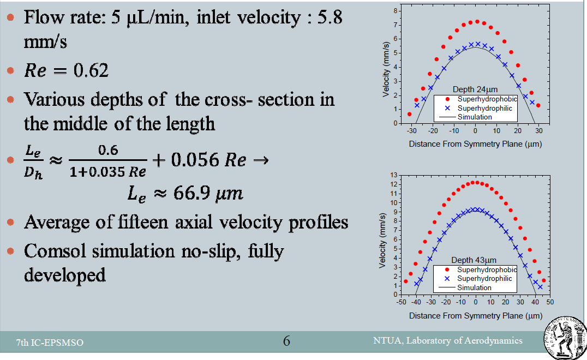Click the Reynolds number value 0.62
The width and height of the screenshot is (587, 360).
click(91, 70)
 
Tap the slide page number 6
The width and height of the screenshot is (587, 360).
click(286, 341)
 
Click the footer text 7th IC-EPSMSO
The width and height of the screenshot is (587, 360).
click(50, 343)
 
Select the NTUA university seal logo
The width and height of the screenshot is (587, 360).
click(565, 338)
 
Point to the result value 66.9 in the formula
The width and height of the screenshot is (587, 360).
click(191, 193)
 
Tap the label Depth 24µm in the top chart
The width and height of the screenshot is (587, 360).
click(475, 89)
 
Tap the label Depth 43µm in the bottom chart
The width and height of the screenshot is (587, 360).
click(474, 260)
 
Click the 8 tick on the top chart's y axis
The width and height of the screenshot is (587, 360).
click(396, 11)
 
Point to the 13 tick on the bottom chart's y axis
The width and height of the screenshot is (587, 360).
click(393, 175)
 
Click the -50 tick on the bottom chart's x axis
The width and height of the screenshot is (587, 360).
click(401, 302)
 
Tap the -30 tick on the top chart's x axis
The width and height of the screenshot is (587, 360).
click(411, 131)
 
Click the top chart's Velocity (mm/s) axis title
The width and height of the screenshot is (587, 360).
click(386, 70)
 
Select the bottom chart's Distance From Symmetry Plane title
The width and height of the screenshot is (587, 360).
click(476, 316)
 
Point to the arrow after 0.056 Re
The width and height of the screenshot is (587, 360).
click(261, 160)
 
